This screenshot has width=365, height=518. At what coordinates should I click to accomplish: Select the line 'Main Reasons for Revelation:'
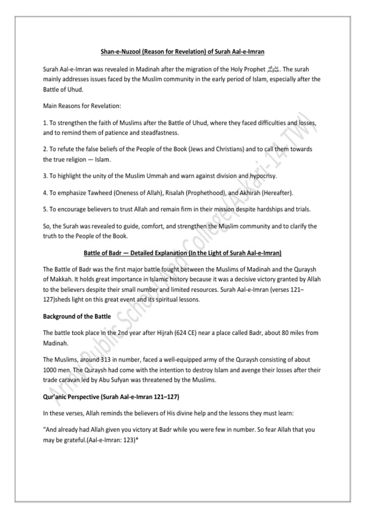(82, 106)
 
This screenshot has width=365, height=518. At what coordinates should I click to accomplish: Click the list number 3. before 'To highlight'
(45, 176)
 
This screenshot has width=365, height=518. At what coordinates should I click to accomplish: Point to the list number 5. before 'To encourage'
(45, 210)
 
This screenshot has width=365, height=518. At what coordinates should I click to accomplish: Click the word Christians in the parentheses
(230, 149)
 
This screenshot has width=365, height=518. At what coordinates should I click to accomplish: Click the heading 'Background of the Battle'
(77, 317)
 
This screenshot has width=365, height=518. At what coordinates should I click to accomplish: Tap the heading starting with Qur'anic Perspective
(111, 397)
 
